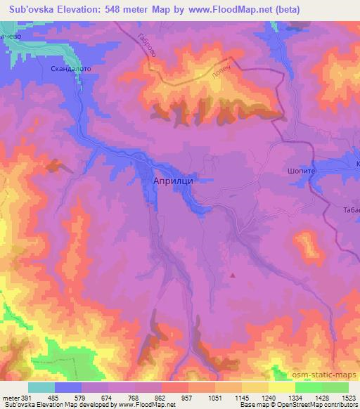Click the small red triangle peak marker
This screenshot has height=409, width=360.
coord(233,275)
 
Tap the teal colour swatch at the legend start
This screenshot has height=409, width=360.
coord(41,387)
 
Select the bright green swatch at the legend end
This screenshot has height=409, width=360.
coord(335,387)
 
